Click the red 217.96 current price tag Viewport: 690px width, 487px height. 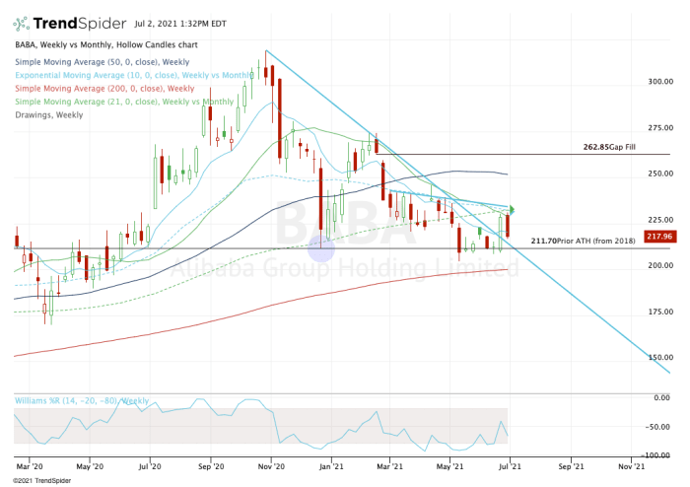[x=658, y=236]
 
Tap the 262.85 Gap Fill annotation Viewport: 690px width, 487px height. [x=605, y=147]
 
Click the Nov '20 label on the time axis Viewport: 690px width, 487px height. [x=271, y=464]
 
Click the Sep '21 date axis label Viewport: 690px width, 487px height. [x=571, y=464]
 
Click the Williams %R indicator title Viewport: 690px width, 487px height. [x=81, y=400]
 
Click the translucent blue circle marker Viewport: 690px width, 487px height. [x=322, y=246]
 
